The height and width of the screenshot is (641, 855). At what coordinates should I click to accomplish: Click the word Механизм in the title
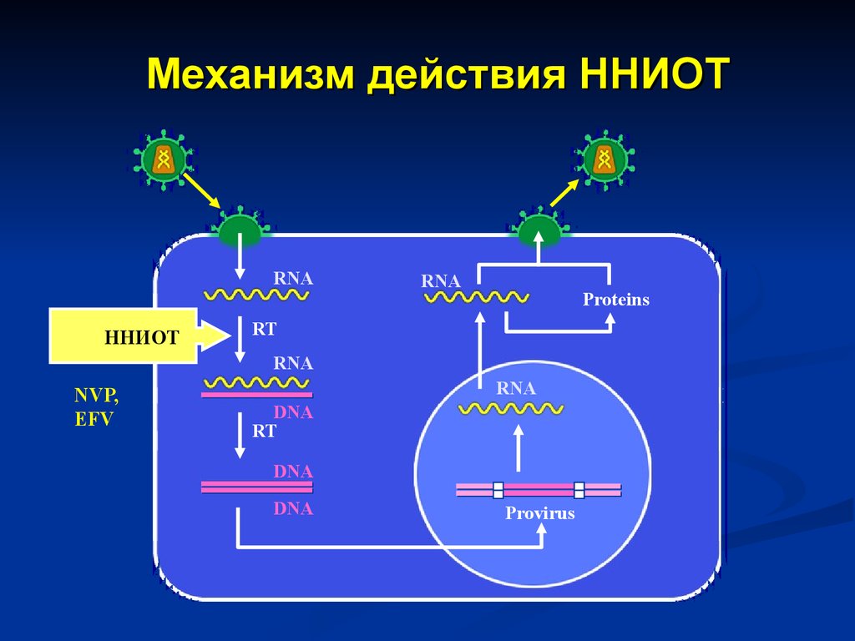click(250, 73)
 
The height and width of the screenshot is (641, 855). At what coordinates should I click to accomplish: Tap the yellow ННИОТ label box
click(124, 336)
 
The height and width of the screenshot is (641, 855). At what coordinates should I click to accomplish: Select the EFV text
click(94, 419)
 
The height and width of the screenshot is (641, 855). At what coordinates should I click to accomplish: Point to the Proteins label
click(616, 300)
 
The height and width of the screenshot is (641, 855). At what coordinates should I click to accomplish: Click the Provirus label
click(540, 513)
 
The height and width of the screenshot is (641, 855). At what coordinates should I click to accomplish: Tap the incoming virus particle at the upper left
click(164, 159)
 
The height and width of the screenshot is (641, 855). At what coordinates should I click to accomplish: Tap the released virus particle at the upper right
click(605, 159)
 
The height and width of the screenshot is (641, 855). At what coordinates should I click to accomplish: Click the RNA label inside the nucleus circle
click(516, 388)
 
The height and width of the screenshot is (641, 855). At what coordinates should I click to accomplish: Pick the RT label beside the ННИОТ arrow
click(264, 329)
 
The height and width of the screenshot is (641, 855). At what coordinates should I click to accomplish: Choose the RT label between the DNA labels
click(264, 432)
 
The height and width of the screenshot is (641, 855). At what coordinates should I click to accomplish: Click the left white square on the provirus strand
click(498, 490)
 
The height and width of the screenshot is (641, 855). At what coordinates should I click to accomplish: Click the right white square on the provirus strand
click(579, 490)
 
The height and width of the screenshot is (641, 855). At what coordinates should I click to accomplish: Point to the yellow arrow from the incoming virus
click(202, 191)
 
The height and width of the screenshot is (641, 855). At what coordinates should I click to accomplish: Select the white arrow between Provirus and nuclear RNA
click(519, 448)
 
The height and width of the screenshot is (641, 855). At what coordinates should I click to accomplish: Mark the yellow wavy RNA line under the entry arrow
click(256, 295)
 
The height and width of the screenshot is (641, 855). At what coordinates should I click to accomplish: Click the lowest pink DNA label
click(293, 508)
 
